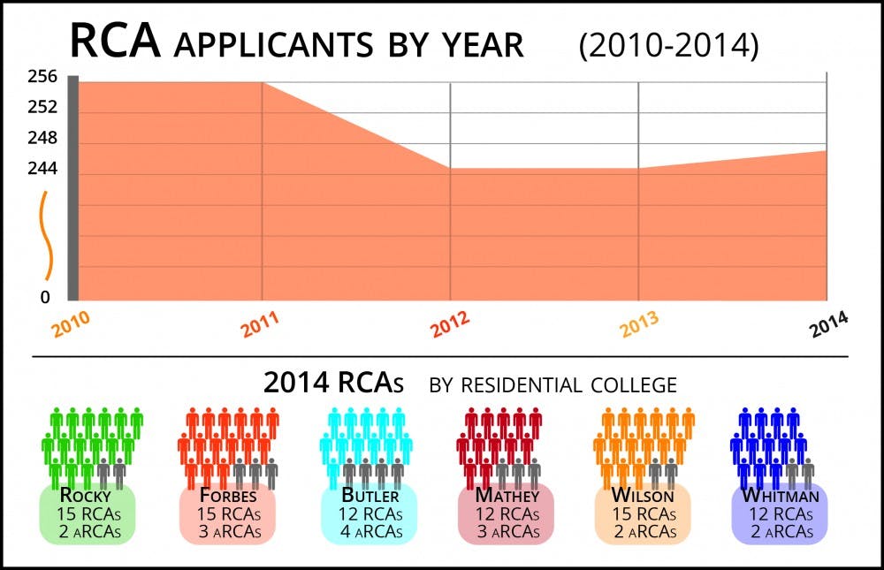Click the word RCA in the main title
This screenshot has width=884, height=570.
click(x=115, y=41)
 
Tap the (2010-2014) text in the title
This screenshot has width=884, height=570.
click(x=668, y=46)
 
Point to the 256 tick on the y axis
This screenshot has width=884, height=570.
click(x=42, y=77)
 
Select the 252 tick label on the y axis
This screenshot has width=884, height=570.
click(x=42, y=108)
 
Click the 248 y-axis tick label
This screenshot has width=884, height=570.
click(x=42, y=138)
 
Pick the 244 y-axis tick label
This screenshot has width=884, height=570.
click(x=42, y=168)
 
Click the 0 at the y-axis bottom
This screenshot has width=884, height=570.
click(x=45, y=297)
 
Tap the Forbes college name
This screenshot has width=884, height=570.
click(x=226, y=496)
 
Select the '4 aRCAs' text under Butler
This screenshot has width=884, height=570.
click(x=369, y=531)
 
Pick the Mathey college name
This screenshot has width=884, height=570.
click(x=507, y=496)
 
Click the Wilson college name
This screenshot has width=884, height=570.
click(x=643, y=496)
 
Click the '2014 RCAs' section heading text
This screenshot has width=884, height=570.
click(x=333, y=384)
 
